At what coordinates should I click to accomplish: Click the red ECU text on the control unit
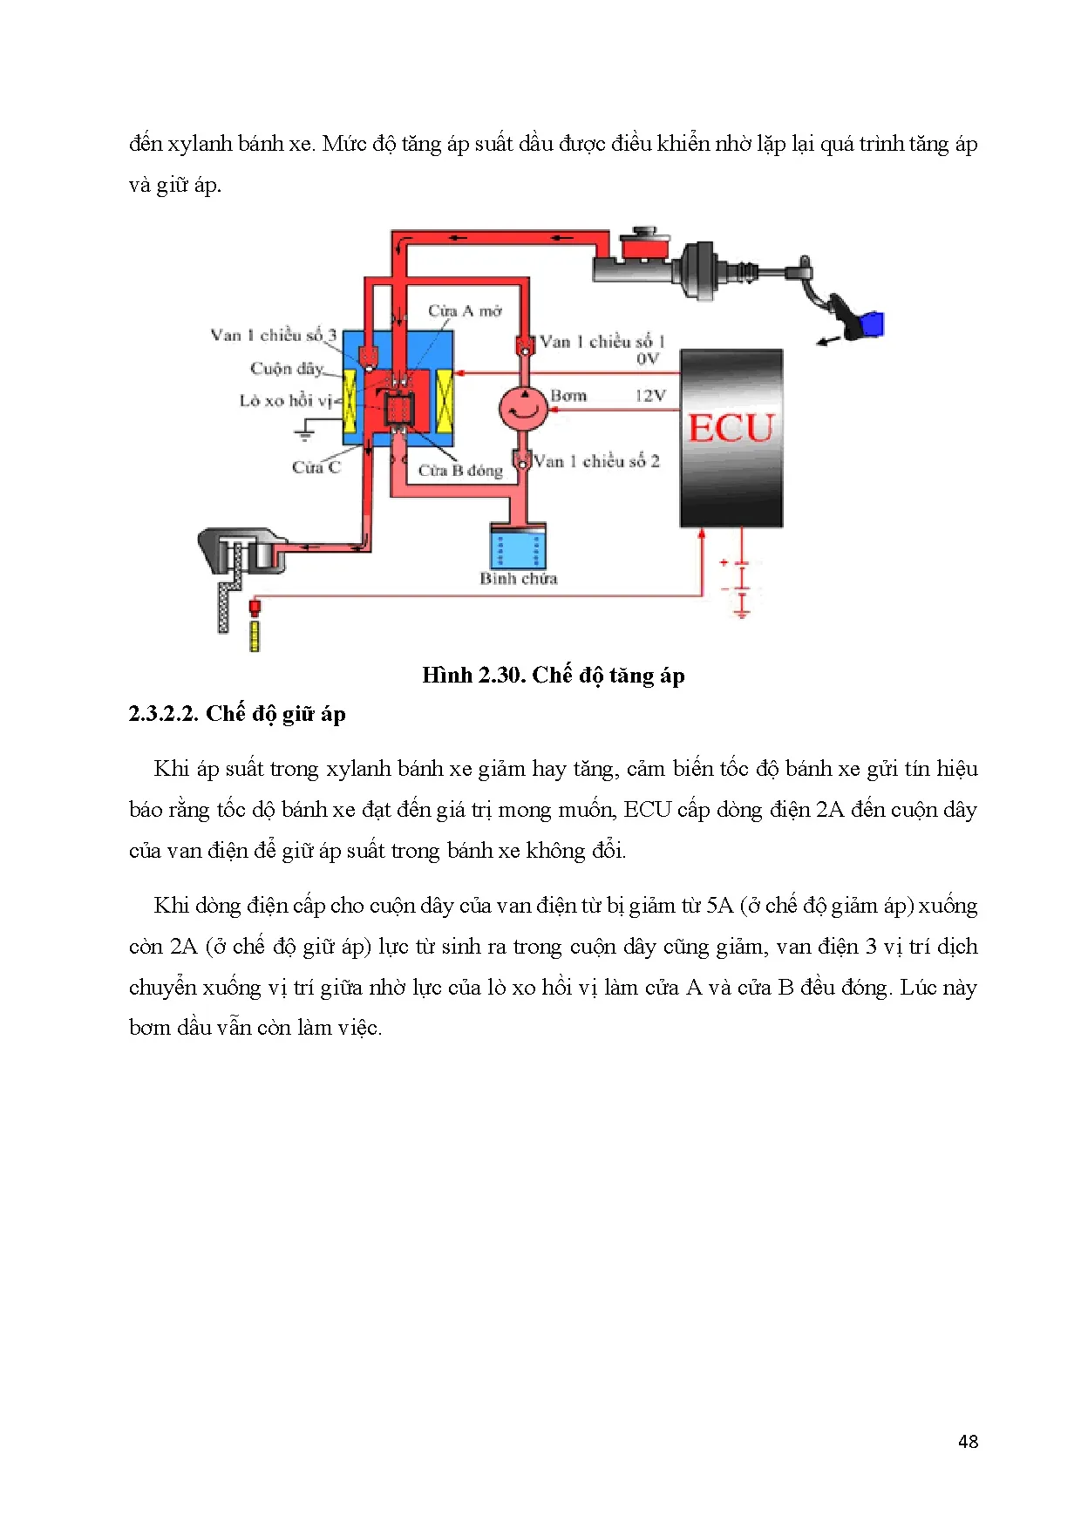pos(731,429)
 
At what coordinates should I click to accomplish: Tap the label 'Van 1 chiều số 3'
pos(273,335)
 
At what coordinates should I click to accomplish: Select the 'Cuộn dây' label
pos(286,368)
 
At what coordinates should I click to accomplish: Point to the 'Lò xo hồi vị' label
pos(286,400)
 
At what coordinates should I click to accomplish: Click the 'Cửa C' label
pos(316,467)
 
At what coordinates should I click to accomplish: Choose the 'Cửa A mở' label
pos(465,311)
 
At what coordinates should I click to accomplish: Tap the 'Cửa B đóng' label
pos(460,471)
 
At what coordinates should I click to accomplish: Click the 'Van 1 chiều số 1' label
pos(602,342)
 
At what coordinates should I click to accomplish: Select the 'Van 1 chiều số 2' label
pos(596,461)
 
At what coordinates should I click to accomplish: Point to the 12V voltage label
pos(649,396)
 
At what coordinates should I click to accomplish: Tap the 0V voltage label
pos(647,358)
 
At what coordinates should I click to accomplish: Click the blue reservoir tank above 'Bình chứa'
pos(518,548)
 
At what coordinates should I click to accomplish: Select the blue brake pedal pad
pos(871,324)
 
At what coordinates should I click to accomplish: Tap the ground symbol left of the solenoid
pos(305,431)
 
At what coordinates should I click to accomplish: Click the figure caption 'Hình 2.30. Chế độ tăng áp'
pos(553,676)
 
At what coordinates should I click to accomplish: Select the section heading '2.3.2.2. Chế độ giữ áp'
pos(237,714)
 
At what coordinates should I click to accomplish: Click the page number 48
pos(968,1442)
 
